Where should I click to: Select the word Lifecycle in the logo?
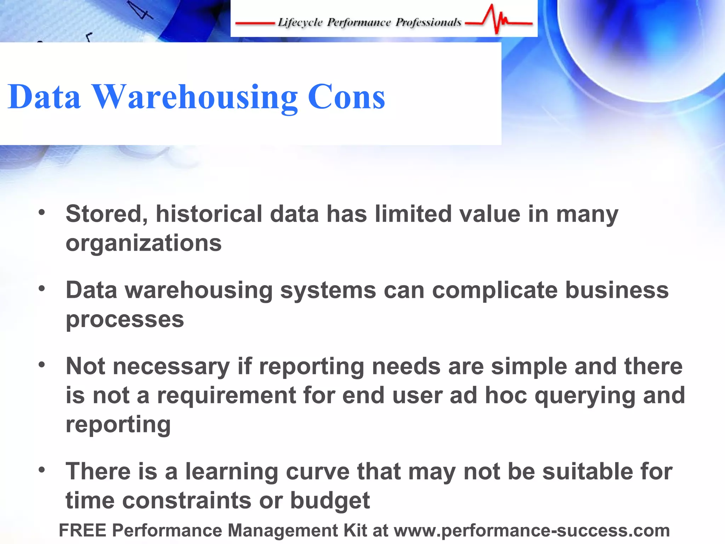(x=300, y=22)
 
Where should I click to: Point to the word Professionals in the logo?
(x=428, y=22)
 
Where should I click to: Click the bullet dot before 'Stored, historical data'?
(x=42, y=212)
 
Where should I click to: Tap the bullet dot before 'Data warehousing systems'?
(x=42, y=289)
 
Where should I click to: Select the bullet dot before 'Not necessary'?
(x=42, y=364)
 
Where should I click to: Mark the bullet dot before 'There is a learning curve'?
(x=42, y=470)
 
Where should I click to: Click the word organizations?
(x=144, y=244)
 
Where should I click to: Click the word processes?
(x=125, y=320)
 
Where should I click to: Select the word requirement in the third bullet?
(x=227, y=395)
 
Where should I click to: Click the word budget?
(x=330, y=501)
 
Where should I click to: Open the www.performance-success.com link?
(x=532, y=530)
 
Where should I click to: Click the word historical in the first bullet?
(x=209, y=214)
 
